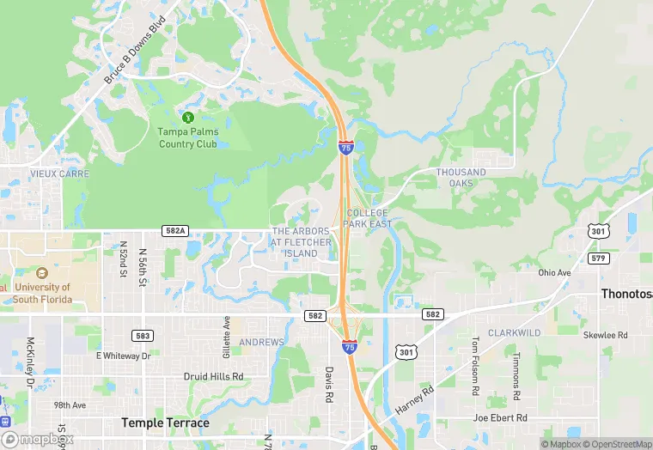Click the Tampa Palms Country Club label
click(x=188, y=137)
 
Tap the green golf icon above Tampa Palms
click(x=188, y=117)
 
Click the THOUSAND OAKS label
click(x=461, y=178)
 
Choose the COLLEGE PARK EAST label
click(x=368, y=218)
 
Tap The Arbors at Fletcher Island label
click(x=302, y=242)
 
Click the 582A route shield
click(x=174, y=231)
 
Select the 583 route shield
click(x=143, y=335)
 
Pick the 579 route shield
click(x=599, y=258)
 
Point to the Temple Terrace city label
click(x=166, y=423)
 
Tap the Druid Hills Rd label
click(x=213, y=377)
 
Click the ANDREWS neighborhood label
click(x=261, y=343)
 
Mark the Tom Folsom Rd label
click(x=474, y=366)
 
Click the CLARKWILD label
click(x=515, y=331)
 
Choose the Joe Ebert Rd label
click(x=500, y=418)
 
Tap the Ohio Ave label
click(x=554, y=273)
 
